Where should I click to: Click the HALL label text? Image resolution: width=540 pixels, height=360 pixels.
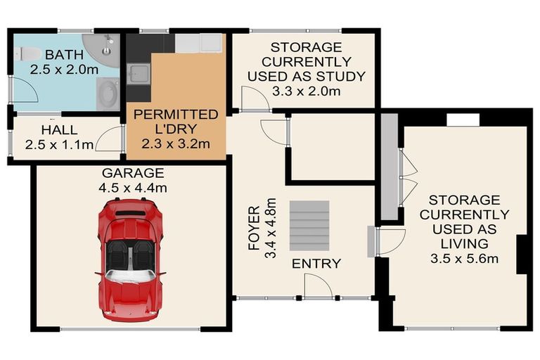tap(59, 130)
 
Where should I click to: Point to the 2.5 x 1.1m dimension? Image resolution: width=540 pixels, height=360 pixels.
tap(59, 146)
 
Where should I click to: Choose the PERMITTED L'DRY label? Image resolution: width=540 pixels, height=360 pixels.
tap(175, 122)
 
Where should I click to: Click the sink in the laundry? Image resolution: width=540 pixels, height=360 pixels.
tap(136, 73)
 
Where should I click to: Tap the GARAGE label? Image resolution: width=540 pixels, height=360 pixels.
tap(133, 173)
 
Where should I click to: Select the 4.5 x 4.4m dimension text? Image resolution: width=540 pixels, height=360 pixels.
tap(133, 188)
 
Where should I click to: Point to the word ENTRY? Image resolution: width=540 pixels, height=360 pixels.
tap(316, 264)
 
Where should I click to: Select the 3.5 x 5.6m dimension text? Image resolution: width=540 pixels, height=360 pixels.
tap(465, 259)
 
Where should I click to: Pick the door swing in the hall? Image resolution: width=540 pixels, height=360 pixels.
tap(110, 140)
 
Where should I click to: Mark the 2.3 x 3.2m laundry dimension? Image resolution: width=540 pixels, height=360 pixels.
tap(176, 145)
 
